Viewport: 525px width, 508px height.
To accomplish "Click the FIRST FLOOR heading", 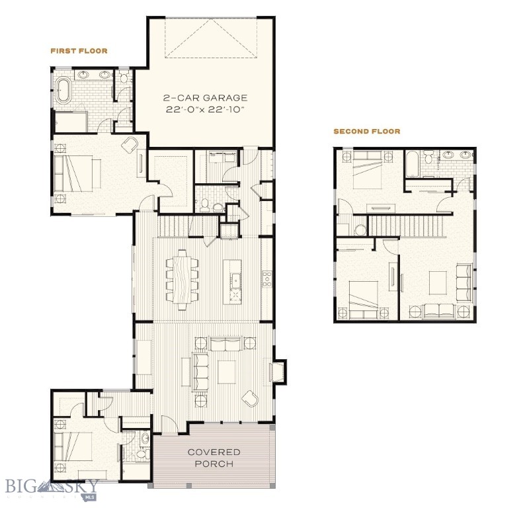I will [79, 51].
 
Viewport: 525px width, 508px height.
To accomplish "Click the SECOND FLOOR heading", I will [366, 132].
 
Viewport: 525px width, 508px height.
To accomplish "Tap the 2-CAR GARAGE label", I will [206, 98].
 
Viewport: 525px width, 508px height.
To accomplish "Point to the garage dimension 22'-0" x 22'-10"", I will [206, 110].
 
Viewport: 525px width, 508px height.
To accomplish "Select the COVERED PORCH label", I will [214, 458].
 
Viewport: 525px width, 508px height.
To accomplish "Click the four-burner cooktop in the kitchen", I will [268, 278].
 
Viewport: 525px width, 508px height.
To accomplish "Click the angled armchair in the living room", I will [251, 399].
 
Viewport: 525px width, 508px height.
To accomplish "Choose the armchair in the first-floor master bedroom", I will [130, 146].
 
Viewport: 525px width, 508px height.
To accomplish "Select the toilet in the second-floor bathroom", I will [428, 157].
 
